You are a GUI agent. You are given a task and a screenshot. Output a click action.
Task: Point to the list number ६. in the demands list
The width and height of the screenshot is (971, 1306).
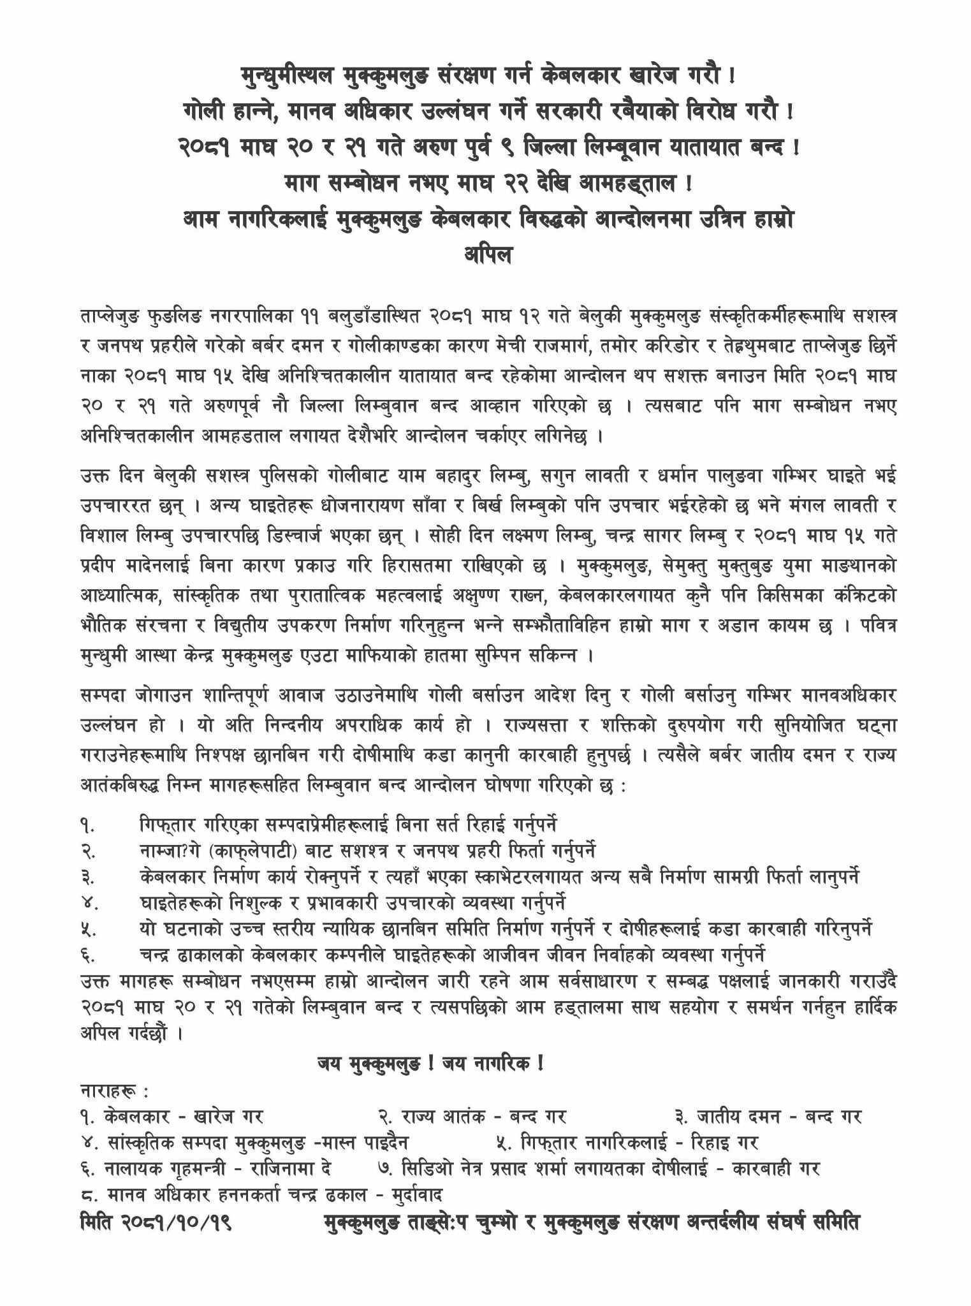88,955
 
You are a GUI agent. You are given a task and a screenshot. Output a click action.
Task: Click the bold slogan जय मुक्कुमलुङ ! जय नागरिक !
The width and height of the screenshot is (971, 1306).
430,1064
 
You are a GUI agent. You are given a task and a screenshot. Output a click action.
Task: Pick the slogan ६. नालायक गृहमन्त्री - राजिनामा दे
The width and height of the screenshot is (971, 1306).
206,1169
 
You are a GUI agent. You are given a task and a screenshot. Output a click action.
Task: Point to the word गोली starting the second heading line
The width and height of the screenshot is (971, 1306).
202,112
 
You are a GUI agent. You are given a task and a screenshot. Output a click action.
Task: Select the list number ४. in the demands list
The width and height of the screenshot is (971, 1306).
88,904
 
